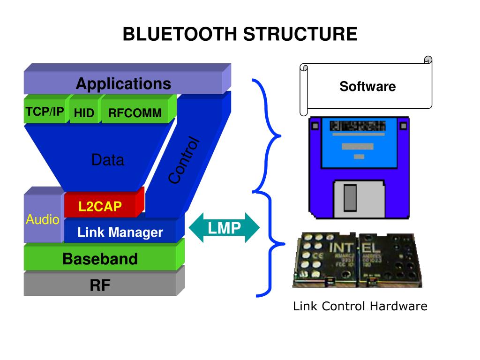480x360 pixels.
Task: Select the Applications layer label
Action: click(123, 84)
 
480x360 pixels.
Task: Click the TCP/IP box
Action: click(45, 112)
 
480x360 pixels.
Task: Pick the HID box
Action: click(84, 113)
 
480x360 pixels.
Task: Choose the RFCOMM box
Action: click(135, 113)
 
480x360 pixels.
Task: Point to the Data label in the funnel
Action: click(108, 160)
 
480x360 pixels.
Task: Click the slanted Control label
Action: click(184, 160)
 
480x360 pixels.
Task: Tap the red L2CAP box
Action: click(100, 207)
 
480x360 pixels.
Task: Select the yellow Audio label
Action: click(42, 219)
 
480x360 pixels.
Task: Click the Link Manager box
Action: click(120, 232)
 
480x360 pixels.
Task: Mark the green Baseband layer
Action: click(100, 259)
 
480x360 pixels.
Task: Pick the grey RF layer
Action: click(100, 285)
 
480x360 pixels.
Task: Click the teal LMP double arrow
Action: click(224, 228)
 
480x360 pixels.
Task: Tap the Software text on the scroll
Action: click(367, 87)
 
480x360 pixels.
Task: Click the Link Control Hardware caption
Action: click(360, 307)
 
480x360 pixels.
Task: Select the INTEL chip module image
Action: click(357, 260)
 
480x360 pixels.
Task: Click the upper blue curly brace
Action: click(267, 136)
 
